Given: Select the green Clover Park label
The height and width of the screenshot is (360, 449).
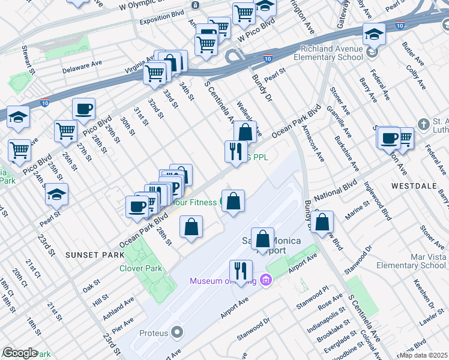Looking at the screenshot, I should tap(142, 268).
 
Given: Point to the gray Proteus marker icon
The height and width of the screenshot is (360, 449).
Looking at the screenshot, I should tap(176, 332).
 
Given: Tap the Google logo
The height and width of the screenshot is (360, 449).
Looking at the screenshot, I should tap(20, 353).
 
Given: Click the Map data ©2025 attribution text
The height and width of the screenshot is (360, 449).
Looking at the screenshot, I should tap(423, 355).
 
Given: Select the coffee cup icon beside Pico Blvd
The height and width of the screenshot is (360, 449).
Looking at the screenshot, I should tap(83, 110).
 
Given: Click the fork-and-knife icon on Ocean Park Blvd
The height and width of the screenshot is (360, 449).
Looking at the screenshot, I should tap(236, 151).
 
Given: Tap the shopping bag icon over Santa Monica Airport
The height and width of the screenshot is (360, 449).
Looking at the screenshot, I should tap(262, 239).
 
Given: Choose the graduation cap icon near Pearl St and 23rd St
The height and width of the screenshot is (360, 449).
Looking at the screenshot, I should tap(57, 194).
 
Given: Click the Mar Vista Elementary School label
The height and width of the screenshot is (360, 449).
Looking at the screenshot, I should tap(416, 261).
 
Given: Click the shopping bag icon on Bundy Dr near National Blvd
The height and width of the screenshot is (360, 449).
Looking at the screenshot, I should tap(322, 221).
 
